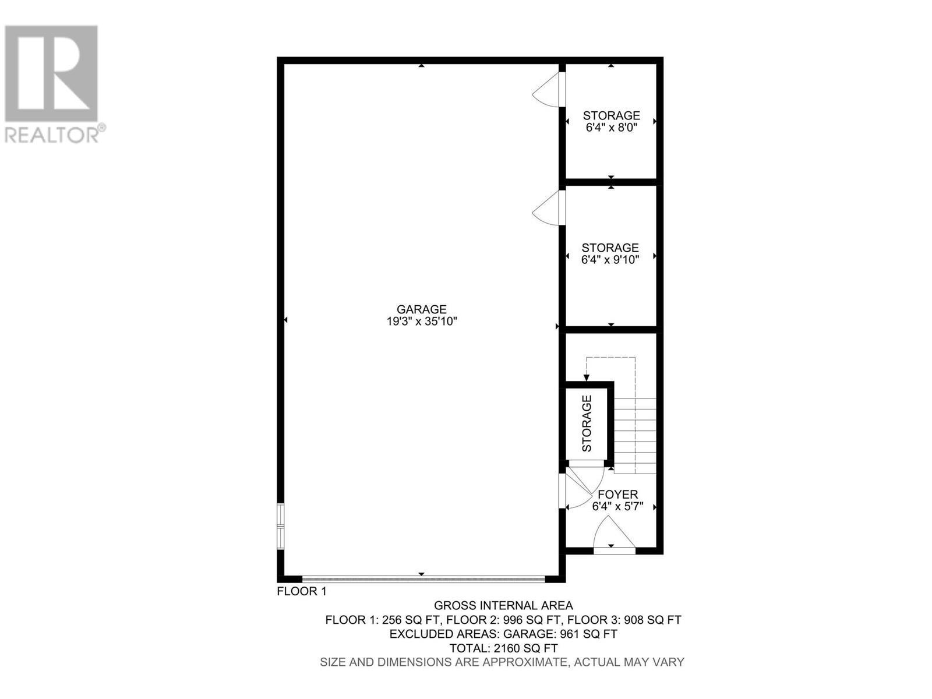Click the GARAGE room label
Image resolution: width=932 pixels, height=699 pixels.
pyautogui.click(x=421, y=309)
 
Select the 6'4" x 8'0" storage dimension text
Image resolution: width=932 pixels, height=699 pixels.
pyautogui.click(x=611, y=128)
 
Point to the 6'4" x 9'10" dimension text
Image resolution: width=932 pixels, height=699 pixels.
pyautogui.click(x=610, y=260)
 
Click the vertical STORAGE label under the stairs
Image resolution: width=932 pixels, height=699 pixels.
pyautogui.click(x=587, y=423)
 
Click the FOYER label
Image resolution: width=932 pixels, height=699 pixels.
pyautogui.click(x=617, y=495)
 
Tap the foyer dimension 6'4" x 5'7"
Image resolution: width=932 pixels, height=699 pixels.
pyautogui.click(x=617, y=507)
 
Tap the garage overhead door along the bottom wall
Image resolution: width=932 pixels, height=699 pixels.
pyautogui.click(x=423, y=579)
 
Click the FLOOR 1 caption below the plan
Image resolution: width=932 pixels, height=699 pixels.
pyautogui.click(x=301, y=592)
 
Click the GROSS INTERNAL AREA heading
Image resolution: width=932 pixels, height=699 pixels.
pyautogui.click(x=503, y=606)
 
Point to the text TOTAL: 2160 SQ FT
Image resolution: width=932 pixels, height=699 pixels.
pyautogui.click(x=503, y=648)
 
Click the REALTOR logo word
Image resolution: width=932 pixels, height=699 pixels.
pyautogui.click(x=52, y=135)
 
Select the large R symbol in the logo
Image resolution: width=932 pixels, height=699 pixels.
pyautogui.click(x=51, y=73)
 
